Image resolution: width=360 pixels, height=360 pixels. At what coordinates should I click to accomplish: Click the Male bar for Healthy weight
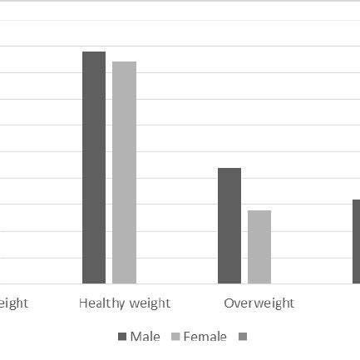[94, 166]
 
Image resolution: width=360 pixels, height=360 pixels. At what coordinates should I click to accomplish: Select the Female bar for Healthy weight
[125, 171]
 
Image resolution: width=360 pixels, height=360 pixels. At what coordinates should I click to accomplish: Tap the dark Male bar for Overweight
[229, 224]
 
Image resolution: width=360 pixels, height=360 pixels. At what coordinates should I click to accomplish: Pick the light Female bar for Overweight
[259, 246]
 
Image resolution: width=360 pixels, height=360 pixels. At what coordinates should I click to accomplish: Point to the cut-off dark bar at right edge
[356, 241]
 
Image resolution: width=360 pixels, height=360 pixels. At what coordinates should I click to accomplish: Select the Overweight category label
[259, 303]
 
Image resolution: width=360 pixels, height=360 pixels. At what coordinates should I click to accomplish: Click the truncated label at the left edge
[14, 303]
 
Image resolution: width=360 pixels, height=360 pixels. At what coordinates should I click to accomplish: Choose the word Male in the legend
[145, 337]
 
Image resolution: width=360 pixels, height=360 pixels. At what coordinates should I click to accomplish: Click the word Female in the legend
[205, 337]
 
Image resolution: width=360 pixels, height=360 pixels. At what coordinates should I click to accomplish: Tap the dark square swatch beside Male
[122, 337]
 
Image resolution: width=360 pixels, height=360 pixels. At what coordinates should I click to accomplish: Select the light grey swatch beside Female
[175, 337]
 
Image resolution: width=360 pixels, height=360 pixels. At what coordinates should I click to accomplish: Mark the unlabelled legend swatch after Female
[242, 337]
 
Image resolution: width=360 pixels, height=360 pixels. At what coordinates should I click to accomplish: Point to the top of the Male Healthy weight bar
[94, 52]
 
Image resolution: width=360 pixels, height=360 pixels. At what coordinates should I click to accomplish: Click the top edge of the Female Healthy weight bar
[125, 62]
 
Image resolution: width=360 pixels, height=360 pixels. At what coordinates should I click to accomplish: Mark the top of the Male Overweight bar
[229, 169]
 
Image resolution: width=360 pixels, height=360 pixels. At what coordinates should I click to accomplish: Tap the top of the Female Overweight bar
[259, 211]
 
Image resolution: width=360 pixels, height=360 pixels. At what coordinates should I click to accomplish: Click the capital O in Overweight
[229, 303]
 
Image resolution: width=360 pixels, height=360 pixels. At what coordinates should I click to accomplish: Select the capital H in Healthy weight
[83, 303]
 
